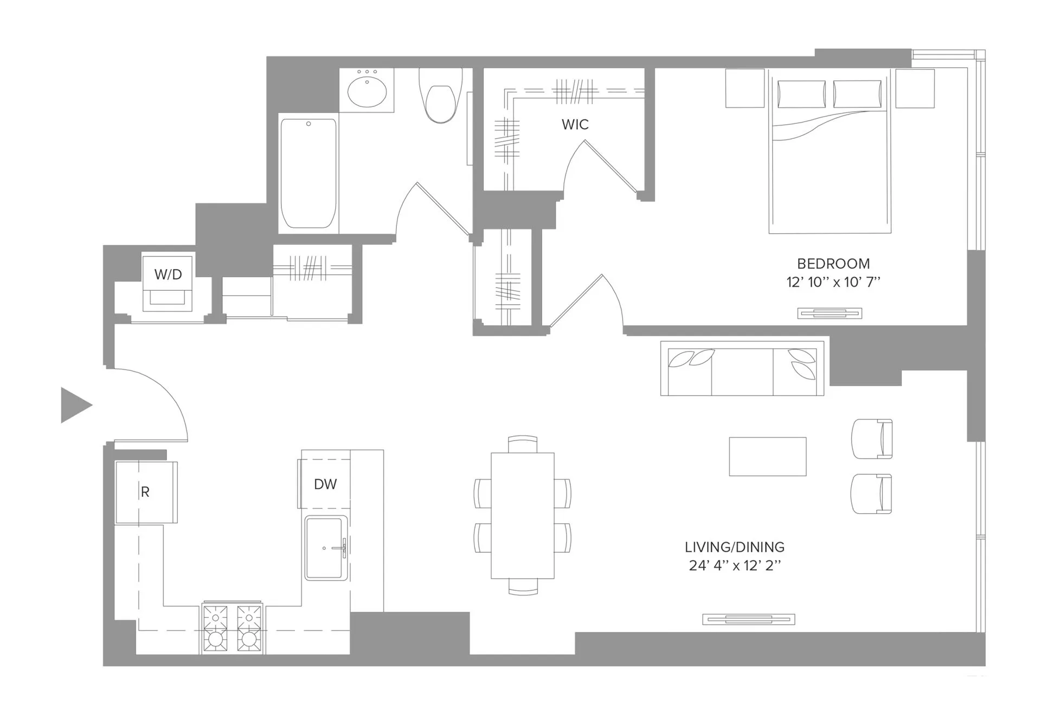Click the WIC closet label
pyautogui.click(x=575, y=124)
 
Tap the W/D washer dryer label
pyautogui.click(x=168, y=274)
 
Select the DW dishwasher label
pyautogui.click(x=325, y=484)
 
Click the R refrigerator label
pyautogui.click(x=145, y=492)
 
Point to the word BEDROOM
pyautogui.click(x=833, y=264)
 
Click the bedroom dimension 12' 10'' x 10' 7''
pyautogui.click(x=833, y=282)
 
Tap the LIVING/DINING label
pyautogui.click(x=734, y=547)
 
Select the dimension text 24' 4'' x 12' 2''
pyautogui.click(x=734, y=566)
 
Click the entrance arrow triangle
pyautogui.click(x=74, y=405)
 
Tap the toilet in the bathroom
pyautogui.click(x=440, y=100)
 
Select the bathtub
pyautogui.click(x=308, y=174)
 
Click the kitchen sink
pyautogui.click(x=325, y=548)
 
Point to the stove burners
pyautogui.click(x=232, y=628)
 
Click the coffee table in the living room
pyautogui.click(x=767, y=456)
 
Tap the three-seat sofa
pyautogui.click(x=742, y=369)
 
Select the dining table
pyautogui.click(x=522, y=515)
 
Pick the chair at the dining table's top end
pyautogui.click(x=523, y=444)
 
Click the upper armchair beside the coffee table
pyautogui.click(x=871, y=438)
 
